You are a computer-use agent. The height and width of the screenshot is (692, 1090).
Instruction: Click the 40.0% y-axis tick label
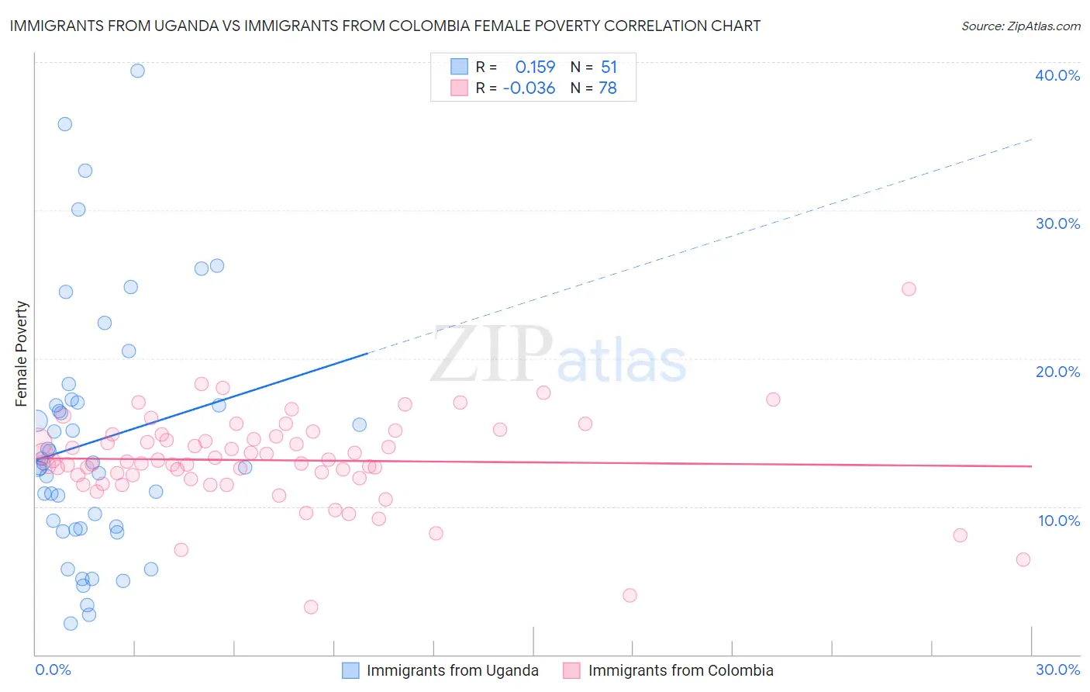click(x=1057, y=75)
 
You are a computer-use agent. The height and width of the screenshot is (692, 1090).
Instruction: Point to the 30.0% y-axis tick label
click(x=1057, y=223)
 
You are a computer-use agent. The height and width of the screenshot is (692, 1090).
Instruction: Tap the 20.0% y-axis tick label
click(x=1057, y=372)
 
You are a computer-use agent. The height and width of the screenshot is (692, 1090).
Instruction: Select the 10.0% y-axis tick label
click(x=1059, y=521)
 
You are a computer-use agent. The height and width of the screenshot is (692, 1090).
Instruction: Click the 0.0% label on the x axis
click(x=53, y=670)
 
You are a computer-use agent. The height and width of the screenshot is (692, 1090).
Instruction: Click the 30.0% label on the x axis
click(x=1057, y=670)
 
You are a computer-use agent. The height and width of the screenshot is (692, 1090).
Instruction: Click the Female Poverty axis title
click(x=22, y=354)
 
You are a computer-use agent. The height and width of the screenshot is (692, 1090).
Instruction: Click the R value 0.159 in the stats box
click(x=535, y=67)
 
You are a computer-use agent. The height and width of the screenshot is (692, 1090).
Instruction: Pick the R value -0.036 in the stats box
click(x=529, y=88)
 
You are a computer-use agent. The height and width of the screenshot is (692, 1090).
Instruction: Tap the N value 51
click(x=609, y=67)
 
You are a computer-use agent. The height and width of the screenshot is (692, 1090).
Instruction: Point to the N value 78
click(x=608, y=88)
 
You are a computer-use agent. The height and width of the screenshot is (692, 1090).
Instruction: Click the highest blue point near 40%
click(x=137, y=71)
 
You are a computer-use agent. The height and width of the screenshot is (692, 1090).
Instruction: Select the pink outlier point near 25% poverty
click(x=909, y=289)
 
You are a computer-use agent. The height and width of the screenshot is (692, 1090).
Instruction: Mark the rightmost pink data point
click(x=1023, y=559)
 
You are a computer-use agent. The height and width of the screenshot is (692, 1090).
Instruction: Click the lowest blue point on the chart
click(x=71, y=623)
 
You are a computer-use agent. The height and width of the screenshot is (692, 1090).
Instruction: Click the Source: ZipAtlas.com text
click(x=1020, y=26)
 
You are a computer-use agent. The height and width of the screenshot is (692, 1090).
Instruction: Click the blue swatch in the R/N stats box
click(x=459, y=67)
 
